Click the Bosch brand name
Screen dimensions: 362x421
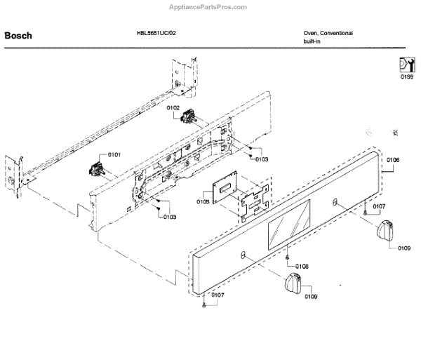[x=18, y=34]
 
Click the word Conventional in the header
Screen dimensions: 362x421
[x=337, y=33]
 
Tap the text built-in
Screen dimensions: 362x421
[x=313, y=42]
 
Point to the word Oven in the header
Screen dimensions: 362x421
[x=310, y=33]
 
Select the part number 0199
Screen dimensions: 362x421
[x=407, y=77]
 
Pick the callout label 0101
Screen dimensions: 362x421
[x=114, y=154]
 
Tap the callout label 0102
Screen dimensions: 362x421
[x=173, y=107]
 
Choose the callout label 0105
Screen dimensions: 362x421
[x=203, y=201]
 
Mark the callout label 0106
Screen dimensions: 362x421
[x=393, y=160]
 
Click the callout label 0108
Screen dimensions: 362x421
[x=302, y=266]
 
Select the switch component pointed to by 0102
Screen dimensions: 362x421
[x=188, y=117]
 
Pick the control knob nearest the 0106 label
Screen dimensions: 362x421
[x=386, y=230]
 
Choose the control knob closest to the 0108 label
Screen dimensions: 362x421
[x=294, y=284]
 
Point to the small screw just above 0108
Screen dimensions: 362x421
[x=288, y=256]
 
